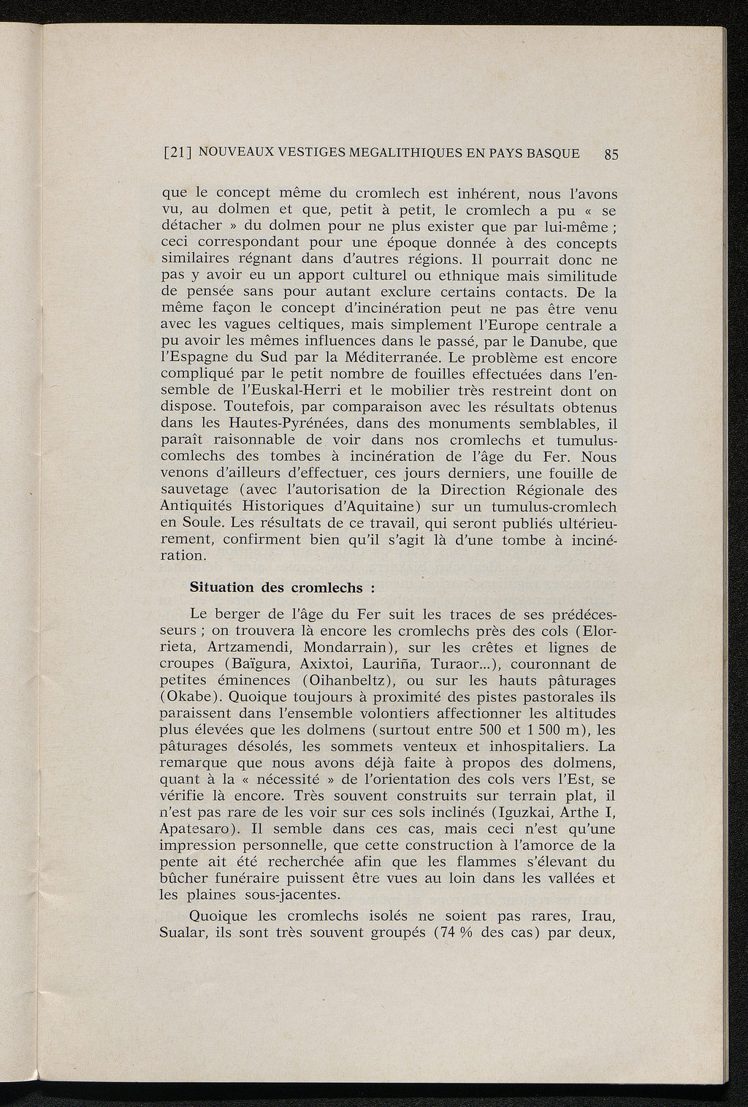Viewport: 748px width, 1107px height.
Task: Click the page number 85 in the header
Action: tap(611, 154)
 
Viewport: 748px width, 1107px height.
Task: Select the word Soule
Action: tap(202, 523)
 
